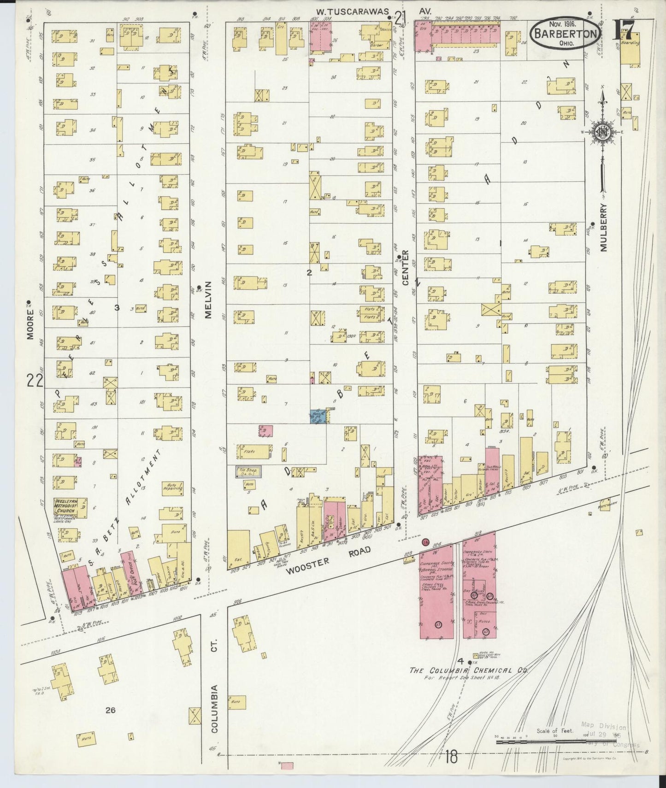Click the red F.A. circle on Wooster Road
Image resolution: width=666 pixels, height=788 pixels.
click(425, 542)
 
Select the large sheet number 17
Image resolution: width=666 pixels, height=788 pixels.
click(626, 31)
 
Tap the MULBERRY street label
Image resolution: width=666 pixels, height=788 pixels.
click(604, 228)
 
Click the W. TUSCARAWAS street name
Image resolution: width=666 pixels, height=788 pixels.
click(358, 11)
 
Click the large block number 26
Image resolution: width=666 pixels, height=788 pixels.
click(110, 710)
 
